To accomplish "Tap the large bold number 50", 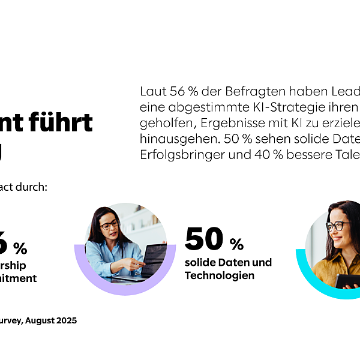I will point(204,239).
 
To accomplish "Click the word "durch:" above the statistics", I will point(31,187).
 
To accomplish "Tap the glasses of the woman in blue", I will point(109,225).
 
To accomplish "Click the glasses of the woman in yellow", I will point(337,226).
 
